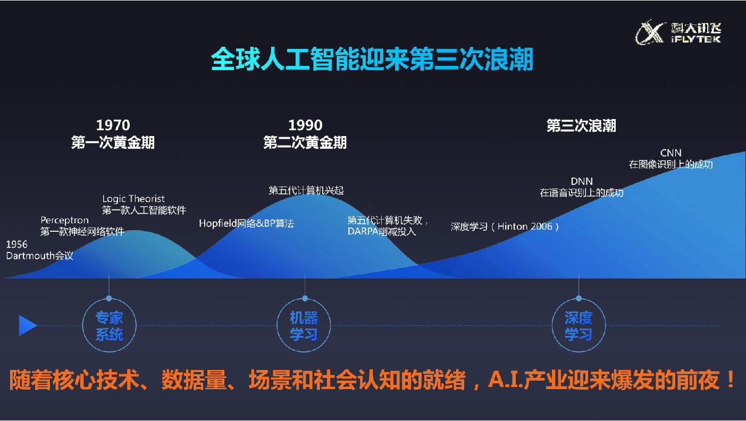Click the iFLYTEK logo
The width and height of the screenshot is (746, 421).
coord(678,32)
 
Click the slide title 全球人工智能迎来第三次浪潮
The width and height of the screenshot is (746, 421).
coord(372,60)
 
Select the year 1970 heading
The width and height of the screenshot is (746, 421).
coord(113,125)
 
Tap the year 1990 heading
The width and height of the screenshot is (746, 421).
coord(305,125)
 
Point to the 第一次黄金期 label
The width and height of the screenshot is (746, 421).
coord(113,142)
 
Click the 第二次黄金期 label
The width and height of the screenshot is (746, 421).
coord(305,142)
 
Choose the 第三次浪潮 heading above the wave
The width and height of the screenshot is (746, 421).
coord(581,125)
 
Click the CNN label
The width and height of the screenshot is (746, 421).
coord(670,153)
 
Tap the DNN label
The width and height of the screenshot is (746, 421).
coord(582,181)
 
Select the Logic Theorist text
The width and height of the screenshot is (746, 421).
coord(133,199)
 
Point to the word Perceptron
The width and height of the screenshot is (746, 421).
coord(65,220)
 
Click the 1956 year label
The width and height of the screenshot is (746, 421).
coord(16,245)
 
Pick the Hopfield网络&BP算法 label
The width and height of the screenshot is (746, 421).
coord(246,223)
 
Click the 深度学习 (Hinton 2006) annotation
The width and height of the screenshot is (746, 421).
coord(505,226)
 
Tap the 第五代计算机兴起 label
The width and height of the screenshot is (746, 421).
coord(306,190)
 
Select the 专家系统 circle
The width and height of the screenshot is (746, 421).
coord(109,325)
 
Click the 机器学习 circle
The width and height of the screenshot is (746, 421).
coord(304,325)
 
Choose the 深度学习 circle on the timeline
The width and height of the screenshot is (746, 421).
coord(579,325)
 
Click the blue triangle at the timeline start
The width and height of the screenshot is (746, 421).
coord(27,325)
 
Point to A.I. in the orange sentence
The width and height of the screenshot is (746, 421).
coord(506,380)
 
